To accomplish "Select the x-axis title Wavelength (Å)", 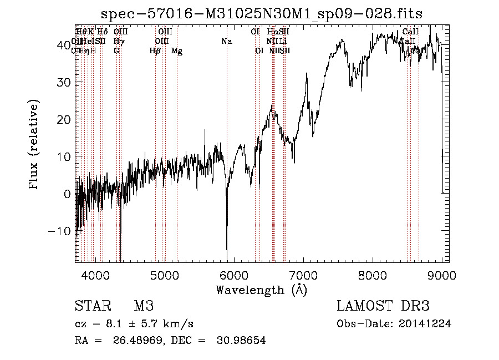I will pos(262,290).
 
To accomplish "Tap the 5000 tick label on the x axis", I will pos(164,275).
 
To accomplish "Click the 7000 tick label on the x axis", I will pos(303,275).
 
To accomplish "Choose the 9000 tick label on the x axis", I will pos(441,275).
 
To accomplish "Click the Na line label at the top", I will pos(226,42).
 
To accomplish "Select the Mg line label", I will pos(177,51).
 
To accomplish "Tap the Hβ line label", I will pos(155,51).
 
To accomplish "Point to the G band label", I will pos(116,51).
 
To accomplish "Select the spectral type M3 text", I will pos(144,307).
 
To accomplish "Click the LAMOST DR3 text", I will pos(383,307).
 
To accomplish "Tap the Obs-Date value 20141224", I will pos(427,324).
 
